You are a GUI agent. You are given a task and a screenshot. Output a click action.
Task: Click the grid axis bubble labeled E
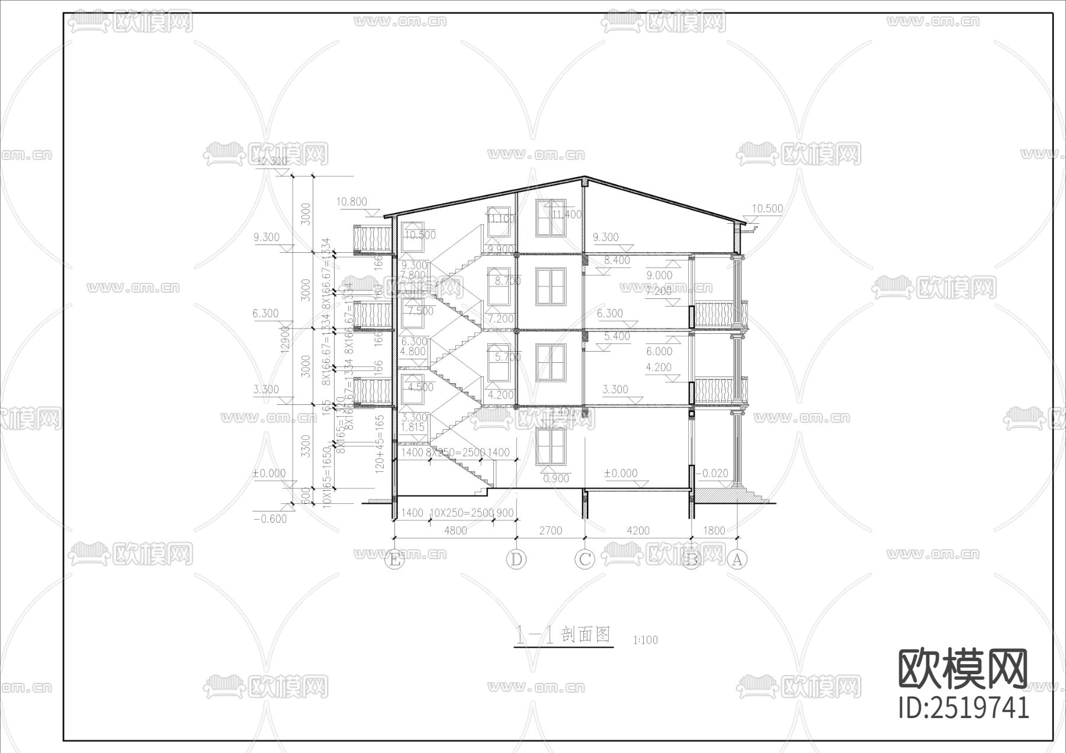click(394, 559)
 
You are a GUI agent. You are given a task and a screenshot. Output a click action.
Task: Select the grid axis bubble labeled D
click(516, 559)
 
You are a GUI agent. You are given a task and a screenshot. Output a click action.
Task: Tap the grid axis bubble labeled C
click(585, 559)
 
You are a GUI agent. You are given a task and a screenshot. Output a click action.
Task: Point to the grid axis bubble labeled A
click(737, 559)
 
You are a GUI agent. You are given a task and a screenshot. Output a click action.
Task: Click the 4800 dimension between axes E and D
click(455, 531)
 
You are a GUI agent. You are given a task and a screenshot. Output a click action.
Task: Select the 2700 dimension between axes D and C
click(550, 531)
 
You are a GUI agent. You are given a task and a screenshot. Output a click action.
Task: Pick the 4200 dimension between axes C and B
click(638, 531)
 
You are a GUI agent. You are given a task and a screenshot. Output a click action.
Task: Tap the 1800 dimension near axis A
click(714, 530)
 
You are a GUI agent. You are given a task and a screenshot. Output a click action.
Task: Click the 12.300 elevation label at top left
click(272, 161)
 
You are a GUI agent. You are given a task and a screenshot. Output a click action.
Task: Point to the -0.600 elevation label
click(270, 519)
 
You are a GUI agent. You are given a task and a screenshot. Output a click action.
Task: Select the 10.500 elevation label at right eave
click(767, 208)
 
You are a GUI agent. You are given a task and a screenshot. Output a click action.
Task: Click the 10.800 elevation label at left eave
click(352, 202)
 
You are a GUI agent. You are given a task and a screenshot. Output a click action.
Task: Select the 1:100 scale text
click(646, 640)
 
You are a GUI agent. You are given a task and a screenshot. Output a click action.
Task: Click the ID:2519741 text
click(964, 707)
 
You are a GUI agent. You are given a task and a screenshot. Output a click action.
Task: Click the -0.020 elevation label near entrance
click(712, 473)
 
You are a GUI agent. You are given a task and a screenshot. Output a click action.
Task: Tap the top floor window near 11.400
click(550, 217)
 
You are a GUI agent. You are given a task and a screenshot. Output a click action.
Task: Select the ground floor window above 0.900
click(550, 447)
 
